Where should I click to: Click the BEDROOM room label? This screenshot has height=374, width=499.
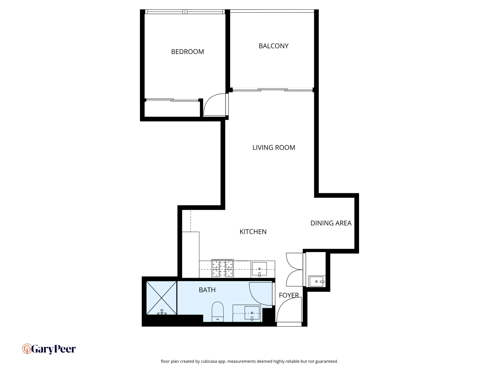coord(187,52)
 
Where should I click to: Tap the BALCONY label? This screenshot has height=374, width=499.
coord(273,46)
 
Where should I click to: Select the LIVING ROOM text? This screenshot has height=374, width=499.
coord(273,148)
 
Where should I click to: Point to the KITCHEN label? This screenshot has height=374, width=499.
coord(253,232)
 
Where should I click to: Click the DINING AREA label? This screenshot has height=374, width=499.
coord(331,223)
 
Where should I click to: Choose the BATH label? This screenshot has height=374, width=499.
coord(207,290)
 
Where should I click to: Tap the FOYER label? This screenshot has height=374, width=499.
coord(289,295)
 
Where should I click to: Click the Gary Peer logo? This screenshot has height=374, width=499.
coord(49,349)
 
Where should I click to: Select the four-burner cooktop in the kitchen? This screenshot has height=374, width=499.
coord(222,268)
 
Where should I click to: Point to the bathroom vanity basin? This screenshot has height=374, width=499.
coord(252,313)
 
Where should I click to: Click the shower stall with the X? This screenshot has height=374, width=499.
coord(161,298)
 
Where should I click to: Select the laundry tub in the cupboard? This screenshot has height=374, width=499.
coord(316,281)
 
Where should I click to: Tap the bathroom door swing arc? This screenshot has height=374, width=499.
coord(260,294)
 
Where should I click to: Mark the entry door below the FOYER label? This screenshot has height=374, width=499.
coord(288,312)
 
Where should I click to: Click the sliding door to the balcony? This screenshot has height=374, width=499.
coord(273,90)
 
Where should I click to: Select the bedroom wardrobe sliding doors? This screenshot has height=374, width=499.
coord(172,100)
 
